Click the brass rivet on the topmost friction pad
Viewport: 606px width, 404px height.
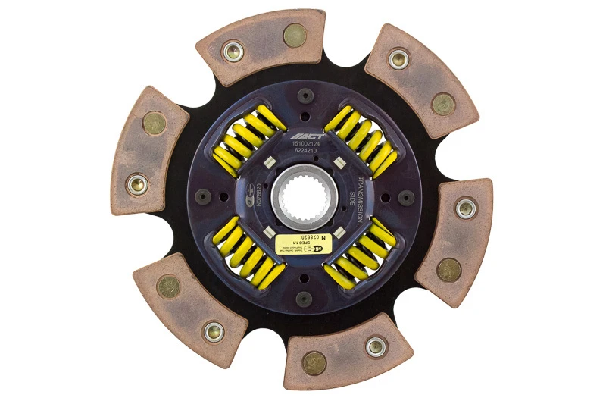tap(294, 35)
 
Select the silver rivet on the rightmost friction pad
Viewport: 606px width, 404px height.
tap(465, 206)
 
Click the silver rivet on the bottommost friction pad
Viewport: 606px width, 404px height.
tap(373, 346)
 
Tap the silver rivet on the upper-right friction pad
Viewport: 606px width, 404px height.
tap(398, 58)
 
